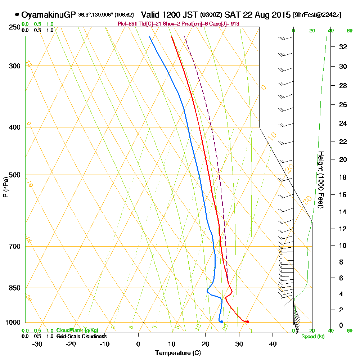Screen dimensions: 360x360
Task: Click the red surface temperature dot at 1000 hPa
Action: pyautogui.click(x=247, y=321)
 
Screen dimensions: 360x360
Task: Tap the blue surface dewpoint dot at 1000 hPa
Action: pyautogui.click(x=221, y=321)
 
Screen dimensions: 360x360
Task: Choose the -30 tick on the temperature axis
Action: pyautogui.click(x=37, y=344)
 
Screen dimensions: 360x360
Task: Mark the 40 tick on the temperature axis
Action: pyautogui.click(x=273, y=344)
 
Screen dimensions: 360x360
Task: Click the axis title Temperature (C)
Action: pyautogui.click(x=178, y=353)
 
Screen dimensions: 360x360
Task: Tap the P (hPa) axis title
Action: pyautogui.click(x=5, y=187)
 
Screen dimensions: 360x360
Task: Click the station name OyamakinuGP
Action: pyautogui.click(x=49, y=15)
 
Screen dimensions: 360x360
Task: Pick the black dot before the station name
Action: pyautogui.click(x=17, y=15)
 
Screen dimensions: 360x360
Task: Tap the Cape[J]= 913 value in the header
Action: pyautogui.click(x=226, y=24)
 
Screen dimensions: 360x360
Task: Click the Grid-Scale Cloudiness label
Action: pyautogui.click(x=81, y=336)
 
